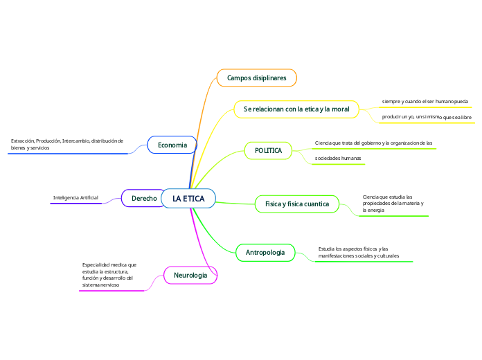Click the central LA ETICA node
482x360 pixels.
point(188,199)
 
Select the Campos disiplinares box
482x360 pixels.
point(256,78)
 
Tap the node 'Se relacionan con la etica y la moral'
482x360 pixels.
point(296,109)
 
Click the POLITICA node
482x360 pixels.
point(268,150)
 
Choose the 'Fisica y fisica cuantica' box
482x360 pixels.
point(297,204)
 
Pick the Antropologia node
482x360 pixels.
point(265,253)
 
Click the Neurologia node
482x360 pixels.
point(190,276)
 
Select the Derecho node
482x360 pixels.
point(144,199)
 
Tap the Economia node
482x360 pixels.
point(172,145)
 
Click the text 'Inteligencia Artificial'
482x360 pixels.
point(75,198)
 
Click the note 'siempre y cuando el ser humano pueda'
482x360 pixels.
point(425,102)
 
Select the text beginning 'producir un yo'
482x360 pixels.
point(427,117)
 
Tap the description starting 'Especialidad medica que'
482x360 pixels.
point(109,275)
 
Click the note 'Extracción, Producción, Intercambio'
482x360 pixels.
point(66,144)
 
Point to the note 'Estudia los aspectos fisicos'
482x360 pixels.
point(359,252)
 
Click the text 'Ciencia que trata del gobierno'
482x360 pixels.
point(373,143)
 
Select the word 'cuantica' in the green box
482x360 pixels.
point(315,204)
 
